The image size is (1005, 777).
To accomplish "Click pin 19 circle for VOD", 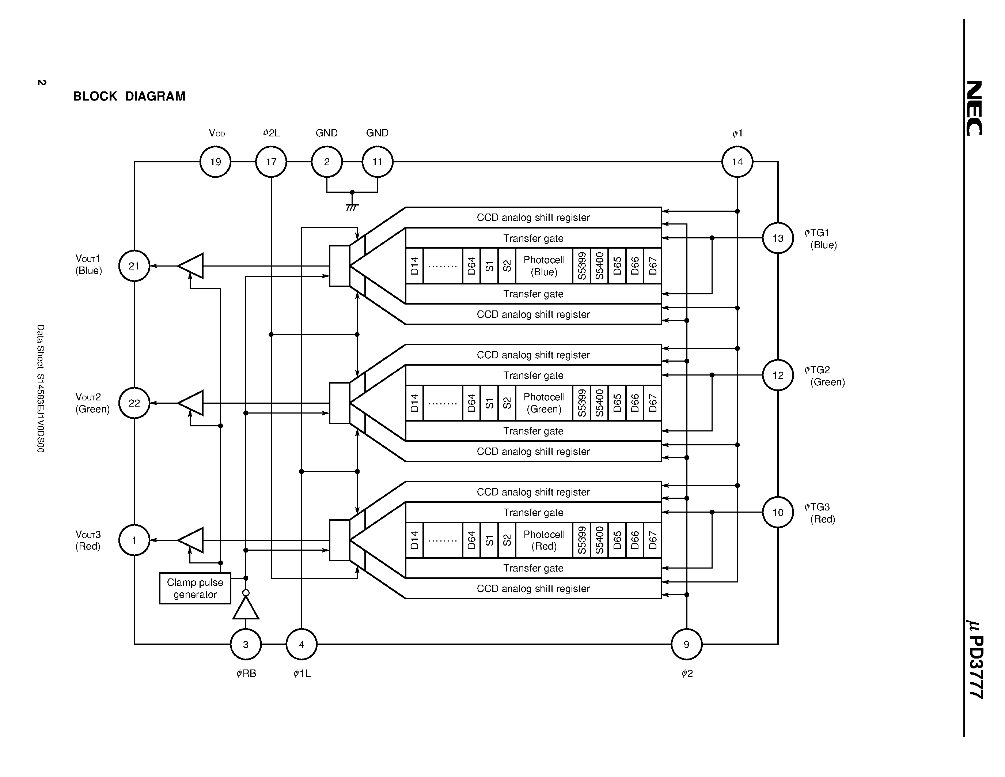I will pyautogui.click(x=215, y=162).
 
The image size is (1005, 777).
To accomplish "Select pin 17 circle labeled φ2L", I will pyautogui.click(x=271, y=162).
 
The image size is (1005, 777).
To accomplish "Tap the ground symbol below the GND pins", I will pyautogui.click(x=352, y=207).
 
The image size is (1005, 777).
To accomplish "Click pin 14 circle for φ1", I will pyautogui.click(x=737, y=162).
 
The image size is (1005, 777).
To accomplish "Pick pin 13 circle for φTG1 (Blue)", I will pyautogui.click(x=778, y=238).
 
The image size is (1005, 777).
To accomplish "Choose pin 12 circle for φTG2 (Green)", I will pyautogui.click(x=778, y=375).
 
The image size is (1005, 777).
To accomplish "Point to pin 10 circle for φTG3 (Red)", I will pyautogui.click(x=778, y=512).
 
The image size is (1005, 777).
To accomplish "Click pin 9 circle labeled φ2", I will pyautogui.click(x=687, y=644).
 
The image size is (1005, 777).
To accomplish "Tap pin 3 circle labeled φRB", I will pyautogui.click(x=246, y=644).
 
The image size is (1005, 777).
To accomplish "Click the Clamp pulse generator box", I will pyautogui.click(x=195, y=588).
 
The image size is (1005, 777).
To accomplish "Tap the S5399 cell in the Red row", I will pyautogui.click(x=582, y=540).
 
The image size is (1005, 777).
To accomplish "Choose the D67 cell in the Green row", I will pyautogui.click(x=652, y=403).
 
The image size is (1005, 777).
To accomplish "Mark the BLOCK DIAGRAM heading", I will pyautogui.click(x=129, y=96).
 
